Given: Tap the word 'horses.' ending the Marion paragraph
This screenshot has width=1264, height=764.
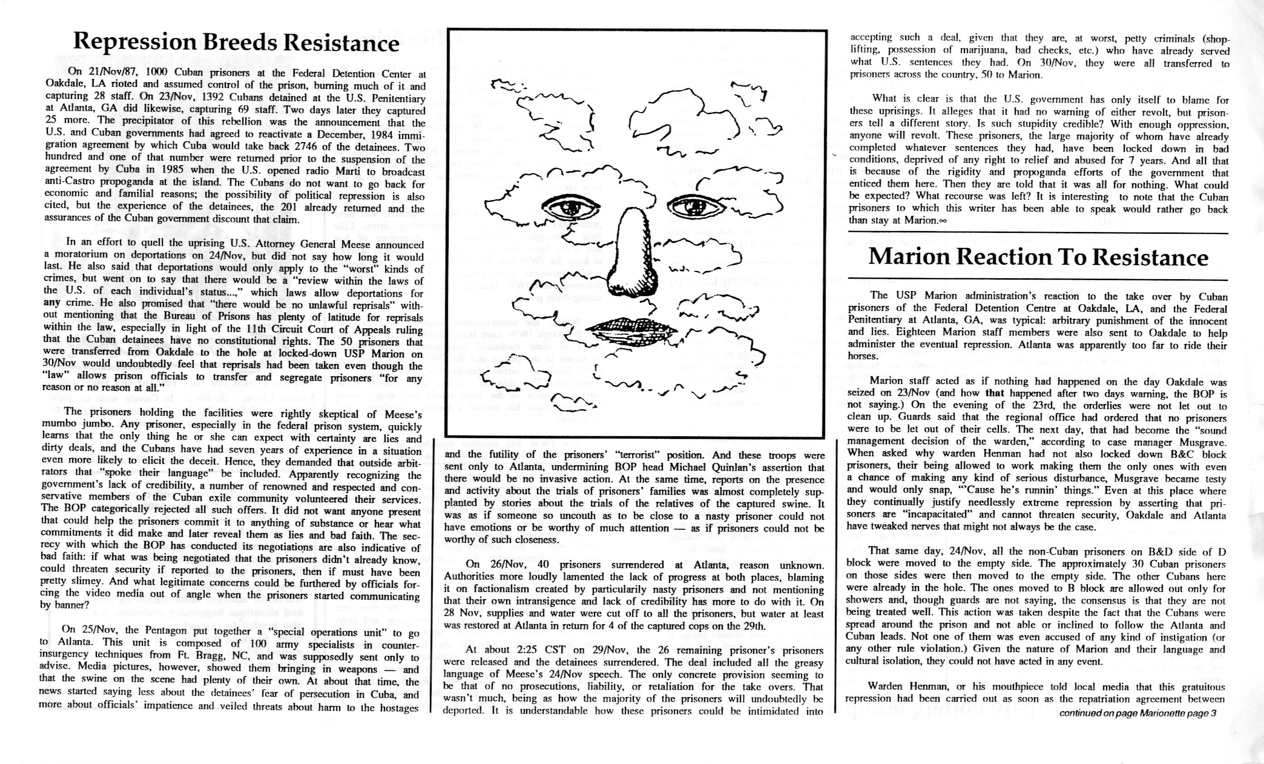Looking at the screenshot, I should tap(863, 356).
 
